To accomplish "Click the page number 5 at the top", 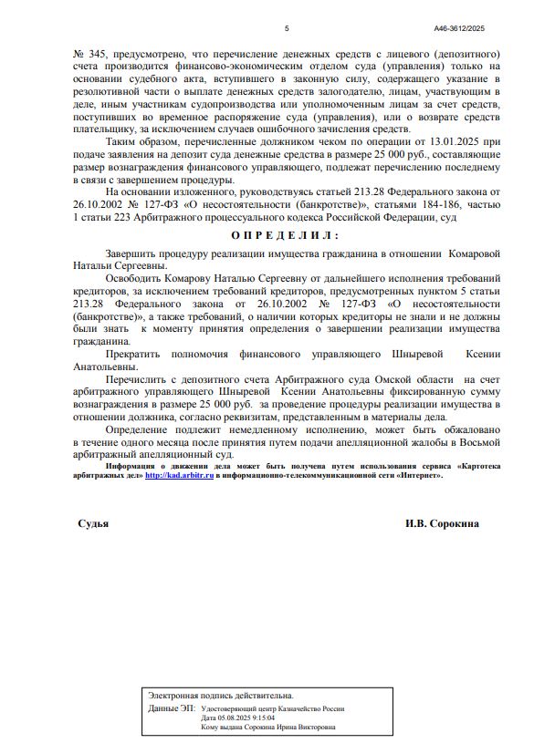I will tap(287, 28).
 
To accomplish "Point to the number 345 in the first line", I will tap(96, 55).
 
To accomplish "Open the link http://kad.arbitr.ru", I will tap(179, 476).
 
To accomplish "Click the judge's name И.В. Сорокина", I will tap(442, 524).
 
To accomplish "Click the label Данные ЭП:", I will tap(172, 708).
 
